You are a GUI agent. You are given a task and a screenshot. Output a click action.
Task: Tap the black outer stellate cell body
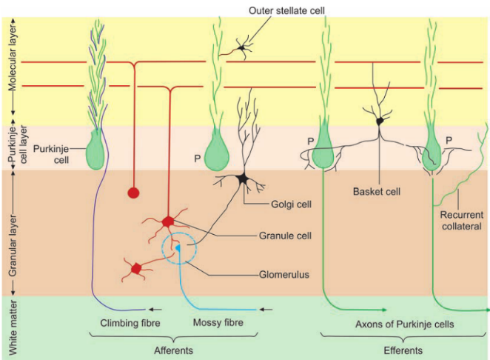coord(241,50)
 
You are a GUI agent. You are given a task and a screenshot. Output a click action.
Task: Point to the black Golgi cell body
coord(242,179)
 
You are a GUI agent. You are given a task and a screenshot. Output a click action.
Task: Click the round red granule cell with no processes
coord(134,193)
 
